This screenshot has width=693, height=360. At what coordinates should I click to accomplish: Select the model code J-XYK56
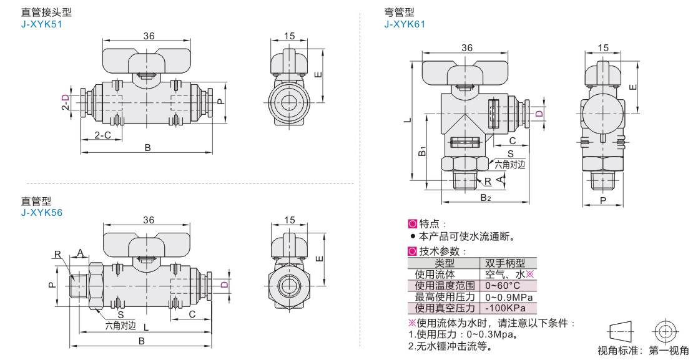tap(42, 212)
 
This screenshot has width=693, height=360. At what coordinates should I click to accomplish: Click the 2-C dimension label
tap(103, 135)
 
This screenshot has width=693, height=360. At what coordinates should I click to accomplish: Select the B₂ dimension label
tap(485, 198)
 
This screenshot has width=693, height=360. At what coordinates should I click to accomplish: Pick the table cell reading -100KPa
tap(505, 308)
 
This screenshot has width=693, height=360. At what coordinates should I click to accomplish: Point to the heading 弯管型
tap(400, 12)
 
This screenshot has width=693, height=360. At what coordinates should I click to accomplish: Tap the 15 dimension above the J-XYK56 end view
tap(288, 219)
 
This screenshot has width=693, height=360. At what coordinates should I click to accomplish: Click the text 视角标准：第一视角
tap(643, 351)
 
